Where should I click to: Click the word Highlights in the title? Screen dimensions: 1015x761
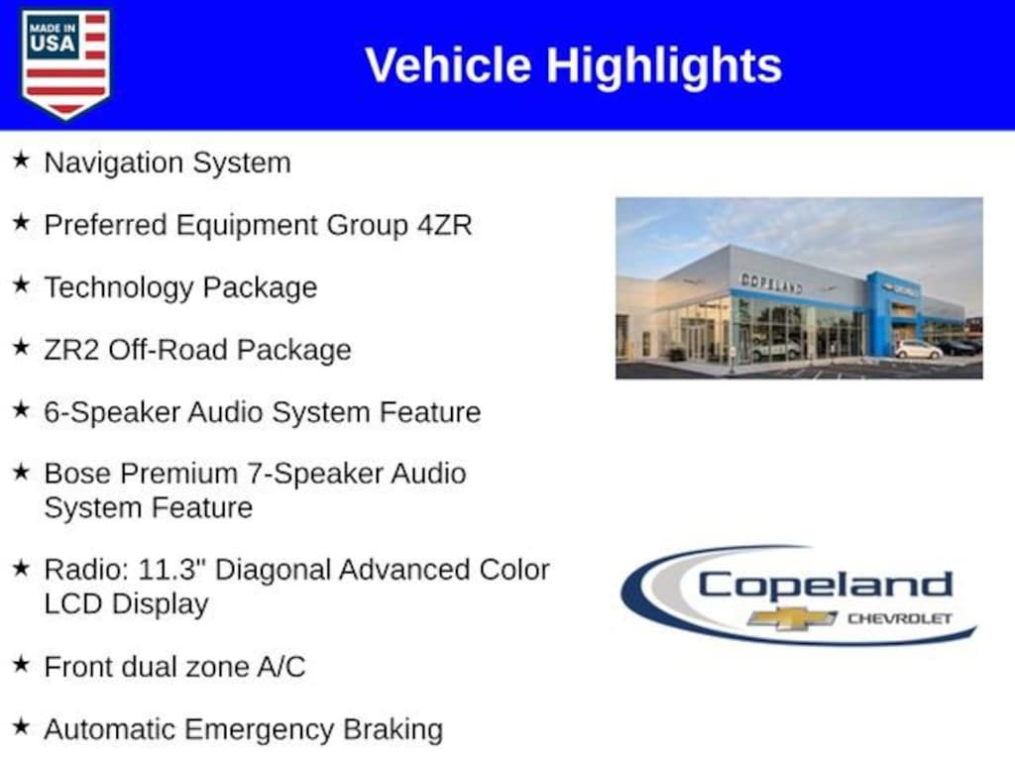tap(664, 66)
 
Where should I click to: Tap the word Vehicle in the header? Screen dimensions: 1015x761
tap(448, 64)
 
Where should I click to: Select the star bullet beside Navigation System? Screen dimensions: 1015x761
tap(22, 160)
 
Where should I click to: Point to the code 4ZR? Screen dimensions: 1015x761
tap(445, 225)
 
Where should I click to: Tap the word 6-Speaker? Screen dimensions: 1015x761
tap(111, 413)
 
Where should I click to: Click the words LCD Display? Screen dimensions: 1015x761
tap(126, 604)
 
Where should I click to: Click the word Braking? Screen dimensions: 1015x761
tap(393, 730)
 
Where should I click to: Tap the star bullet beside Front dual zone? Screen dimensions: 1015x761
tap(22, 665)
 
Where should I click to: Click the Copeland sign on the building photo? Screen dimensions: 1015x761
tap(771, 282)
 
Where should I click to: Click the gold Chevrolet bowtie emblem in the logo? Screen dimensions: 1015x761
tap(792, 618)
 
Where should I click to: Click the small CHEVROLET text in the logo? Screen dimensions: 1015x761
tap(900, 618)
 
